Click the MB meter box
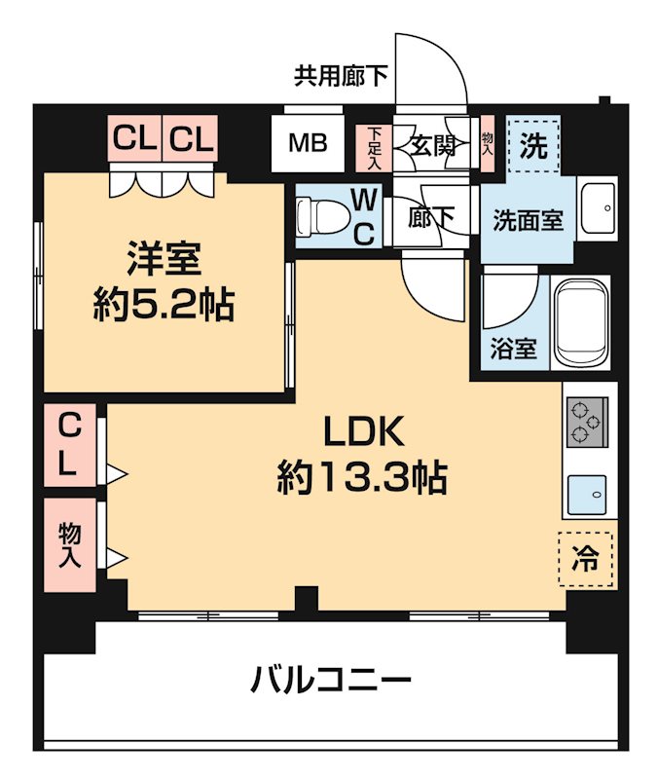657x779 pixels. (307, 143)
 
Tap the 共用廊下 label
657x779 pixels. (341, 76)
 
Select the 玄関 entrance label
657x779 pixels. (433, 146)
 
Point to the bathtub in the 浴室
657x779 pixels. (581, 323)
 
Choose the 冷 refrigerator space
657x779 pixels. (586, 558)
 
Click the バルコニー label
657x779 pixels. (331, 678)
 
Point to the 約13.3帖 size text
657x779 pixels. (362, 477)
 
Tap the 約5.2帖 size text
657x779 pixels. (164, 307)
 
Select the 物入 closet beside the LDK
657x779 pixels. (69, 545)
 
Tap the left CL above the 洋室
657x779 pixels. (135, 140)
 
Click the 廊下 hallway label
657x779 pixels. (431, 219)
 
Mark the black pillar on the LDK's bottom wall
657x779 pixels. (306, 600)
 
